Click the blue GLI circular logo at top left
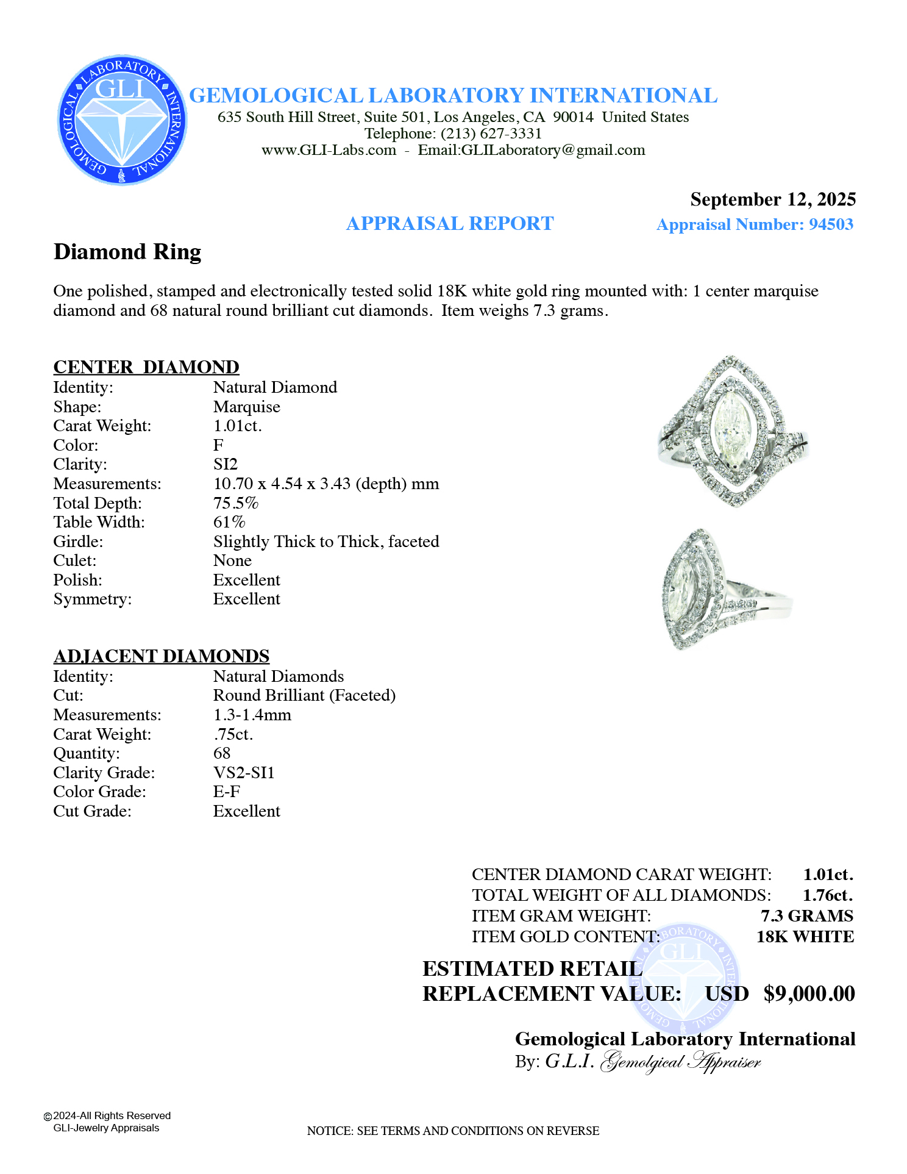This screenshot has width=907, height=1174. [122, 120]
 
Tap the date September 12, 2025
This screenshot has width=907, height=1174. [772, 199]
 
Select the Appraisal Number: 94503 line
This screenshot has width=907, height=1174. [754, 224]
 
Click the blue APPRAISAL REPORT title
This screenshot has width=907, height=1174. [450, 224]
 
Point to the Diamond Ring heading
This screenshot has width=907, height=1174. [127, 252]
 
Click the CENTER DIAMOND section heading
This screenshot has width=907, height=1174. [146, 367]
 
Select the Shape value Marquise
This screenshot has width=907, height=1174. [246, 407]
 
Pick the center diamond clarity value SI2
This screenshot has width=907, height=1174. [226, 464]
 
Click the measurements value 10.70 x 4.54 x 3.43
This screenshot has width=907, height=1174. [325, 484]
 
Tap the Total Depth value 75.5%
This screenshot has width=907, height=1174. [236, 503]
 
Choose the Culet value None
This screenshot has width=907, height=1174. [232, 560]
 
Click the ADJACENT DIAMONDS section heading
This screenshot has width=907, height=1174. [162, 656]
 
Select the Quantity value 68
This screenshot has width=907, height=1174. [222, 753]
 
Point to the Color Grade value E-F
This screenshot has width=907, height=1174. [227, 792]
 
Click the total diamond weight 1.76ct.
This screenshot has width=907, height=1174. [827, 895]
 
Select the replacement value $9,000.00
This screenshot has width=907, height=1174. [809, 994]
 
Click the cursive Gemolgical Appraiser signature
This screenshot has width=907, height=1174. [680, 1062]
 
